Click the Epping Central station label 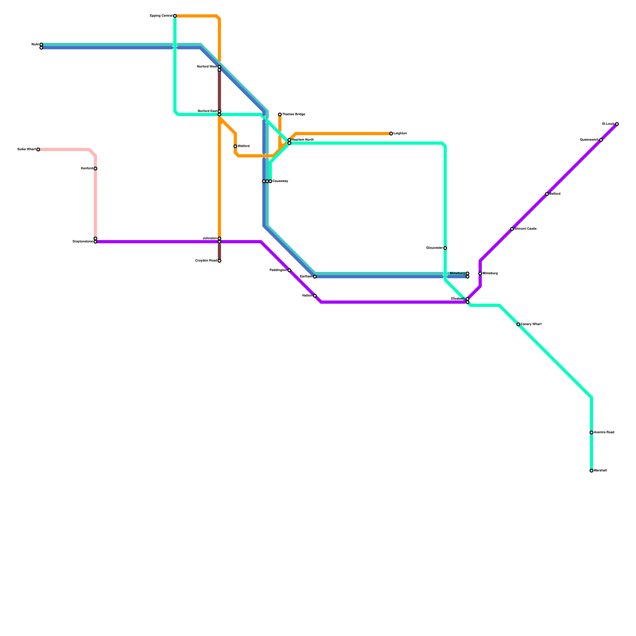tap(161, 16)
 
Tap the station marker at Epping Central tap(175, 16)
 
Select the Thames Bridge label tap(294, 114)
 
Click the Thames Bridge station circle tap(280, 114)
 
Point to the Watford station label tap(244, 146)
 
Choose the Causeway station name tap(280, 181)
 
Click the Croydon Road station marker tap(219, 261)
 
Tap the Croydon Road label tap(206, 261)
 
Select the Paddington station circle tap(289, 270)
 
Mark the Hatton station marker tap(315, 296)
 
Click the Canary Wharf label tap(531, 324)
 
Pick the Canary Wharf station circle tap(518, 324)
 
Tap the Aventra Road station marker tap(591, 432)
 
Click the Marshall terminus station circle tap(591, 471)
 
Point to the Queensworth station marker tap(601, 140)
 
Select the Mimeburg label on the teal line tap(457, 273)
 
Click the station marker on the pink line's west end tap(38, 149)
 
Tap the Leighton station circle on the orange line tap(391, 134)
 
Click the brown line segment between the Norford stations tap(219, 91)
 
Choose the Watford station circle tap(235, 146)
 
